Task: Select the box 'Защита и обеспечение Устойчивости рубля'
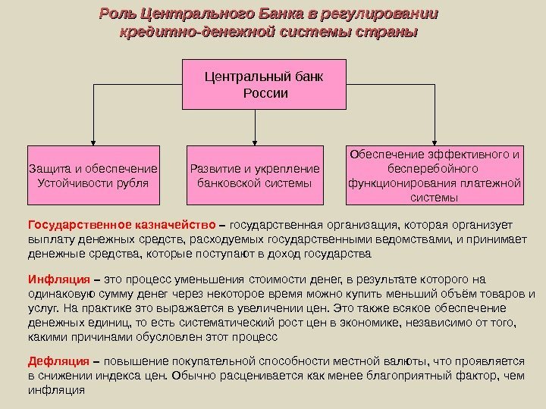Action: (93, 175)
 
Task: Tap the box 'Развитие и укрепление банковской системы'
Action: (253, 175)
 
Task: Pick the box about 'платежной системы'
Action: (435, 175)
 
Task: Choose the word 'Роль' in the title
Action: (120, 15)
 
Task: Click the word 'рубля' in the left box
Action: (129, 183)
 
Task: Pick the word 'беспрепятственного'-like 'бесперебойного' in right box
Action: (435, 168)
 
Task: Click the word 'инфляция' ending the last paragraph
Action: (55, 391)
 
